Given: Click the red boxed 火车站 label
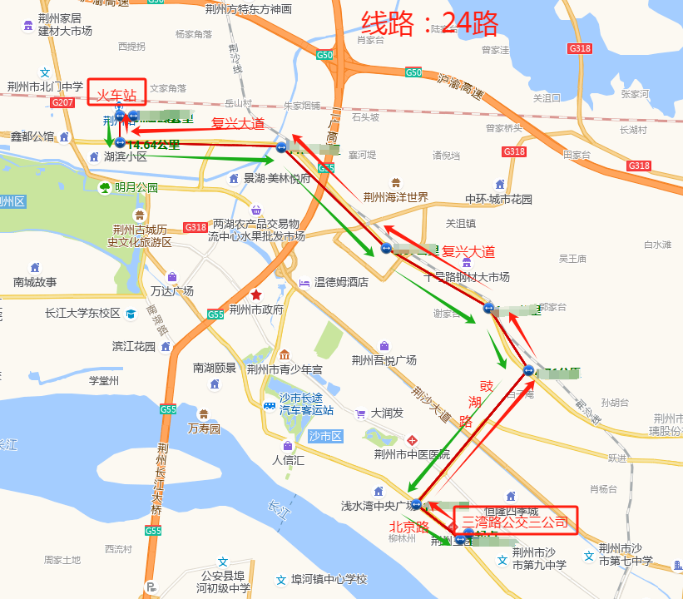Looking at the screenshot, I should pos(117,93).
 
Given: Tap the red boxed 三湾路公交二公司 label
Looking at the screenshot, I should pos(515,522).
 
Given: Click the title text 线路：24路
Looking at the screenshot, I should pos(430,24).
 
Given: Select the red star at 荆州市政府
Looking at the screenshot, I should pos(256,295).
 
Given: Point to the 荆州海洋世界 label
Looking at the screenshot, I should pos(395,197).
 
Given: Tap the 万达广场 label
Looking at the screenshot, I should pos(172,290).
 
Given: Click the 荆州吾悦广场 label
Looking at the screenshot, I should pos(384,359).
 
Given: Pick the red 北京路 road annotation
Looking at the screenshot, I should pos(409,527).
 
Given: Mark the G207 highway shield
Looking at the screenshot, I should pos(62,102).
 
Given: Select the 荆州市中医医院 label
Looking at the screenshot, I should pos(411,454).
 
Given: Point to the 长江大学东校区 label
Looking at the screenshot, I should pos(82,314).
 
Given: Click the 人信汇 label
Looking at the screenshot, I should pos(289,459).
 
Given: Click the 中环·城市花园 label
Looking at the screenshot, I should pos(498,199).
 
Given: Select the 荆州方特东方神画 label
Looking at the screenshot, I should pos(248,9).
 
